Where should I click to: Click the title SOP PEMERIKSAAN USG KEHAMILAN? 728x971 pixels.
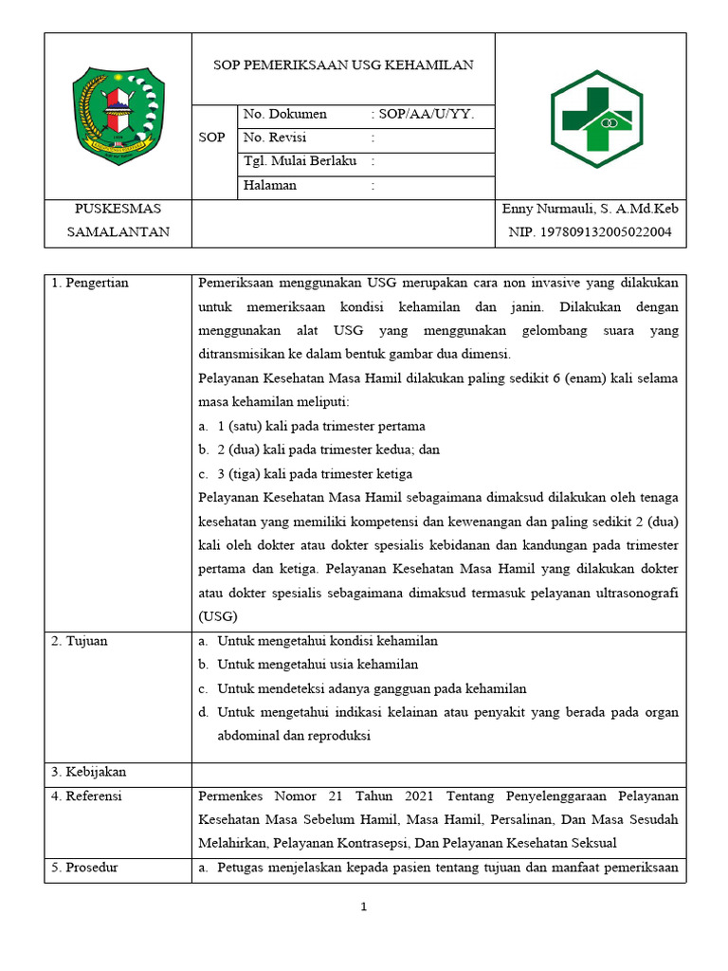[342, 65]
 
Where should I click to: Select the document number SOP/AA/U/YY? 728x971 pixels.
[427, 115]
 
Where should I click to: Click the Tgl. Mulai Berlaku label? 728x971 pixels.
[300, 161]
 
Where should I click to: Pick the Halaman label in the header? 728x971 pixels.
[270, 186]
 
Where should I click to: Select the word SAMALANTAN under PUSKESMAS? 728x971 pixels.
[118, 232]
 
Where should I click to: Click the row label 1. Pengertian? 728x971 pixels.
[90, 284]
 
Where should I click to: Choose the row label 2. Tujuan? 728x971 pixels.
[80, 641]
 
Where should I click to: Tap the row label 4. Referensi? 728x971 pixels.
[87, 797]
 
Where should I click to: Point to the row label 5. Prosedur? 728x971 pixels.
[85, 868]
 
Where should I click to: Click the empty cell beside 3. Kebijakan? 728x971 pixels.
[439, 774]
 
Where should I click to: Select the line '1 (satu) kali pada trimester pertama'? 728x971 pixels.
[321, 427]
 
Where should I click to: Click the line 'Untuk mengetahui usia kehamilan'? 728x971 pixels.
[318, 665]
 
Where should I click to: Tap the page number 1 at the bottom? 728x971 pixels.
[365, 907]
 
